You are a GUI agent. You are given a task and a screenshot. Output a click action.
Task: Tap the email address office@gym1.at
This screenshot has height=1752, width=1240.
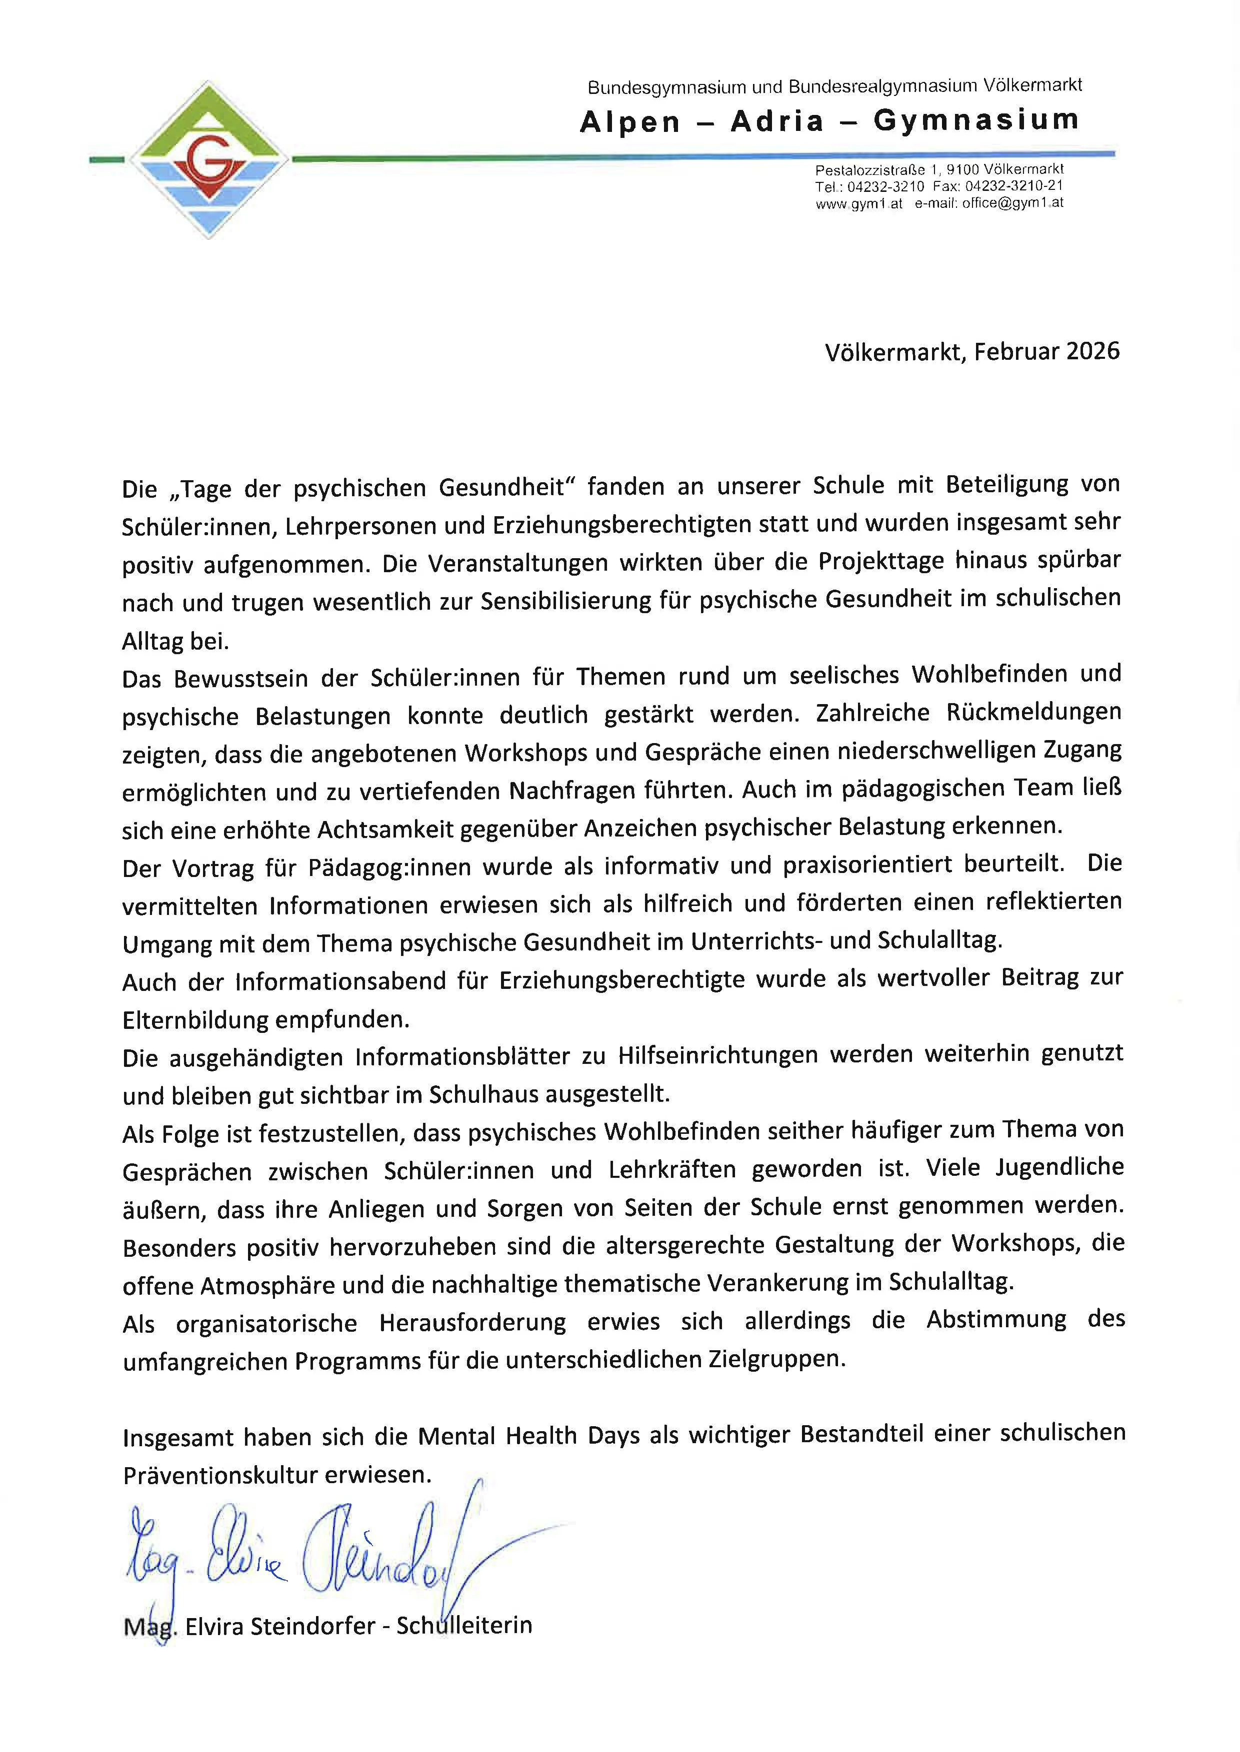pyautogui.click(x=1012, y=203)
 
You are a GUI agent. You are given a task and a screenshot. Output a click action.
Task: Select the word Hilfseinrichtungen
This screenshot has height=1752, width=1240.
pyautogui.click(x=717, y=1056)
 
